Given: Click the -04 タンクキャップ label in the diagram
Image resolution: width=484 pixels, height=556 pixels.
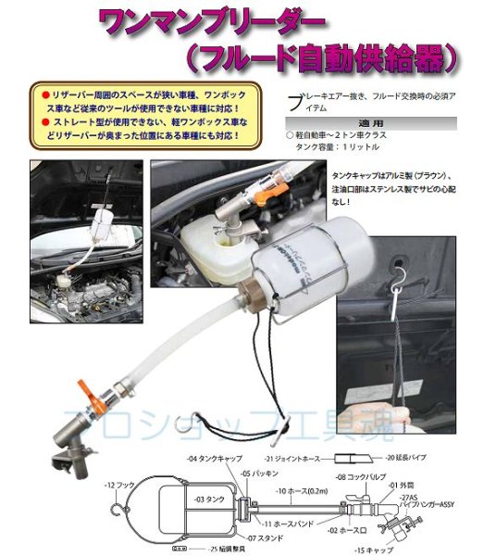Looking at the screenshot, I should tap(214, 459).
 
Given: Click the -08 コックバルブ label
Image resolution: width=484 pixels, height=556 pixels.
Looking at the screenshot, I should tap(354, 478).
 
